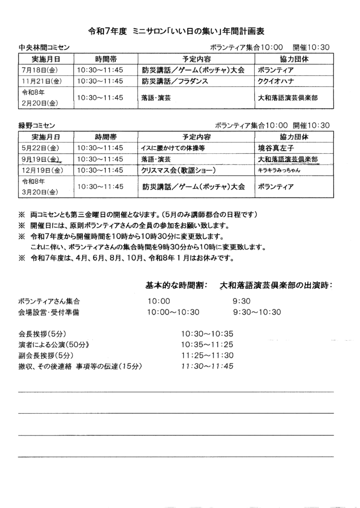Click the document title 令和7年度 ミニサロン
[x=176, y=31]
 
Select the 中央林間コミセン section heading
[x=44, y=48]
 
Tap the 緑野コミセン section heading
[x=37, y=126]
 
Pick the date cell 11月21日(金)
[x=41, y=81]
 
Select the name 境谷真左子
[x=277, y=148]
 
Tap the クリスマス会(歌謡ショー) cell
[x=178, y=171]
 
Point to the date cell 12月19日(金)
[x=41, y=171]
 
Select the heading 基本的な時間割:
[x=176, y=286]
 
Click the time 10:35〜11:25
[x=208, y=345]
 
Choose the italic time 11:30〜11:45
[x=208, y=367]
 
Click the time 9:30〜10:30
[x=257, y=313]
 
